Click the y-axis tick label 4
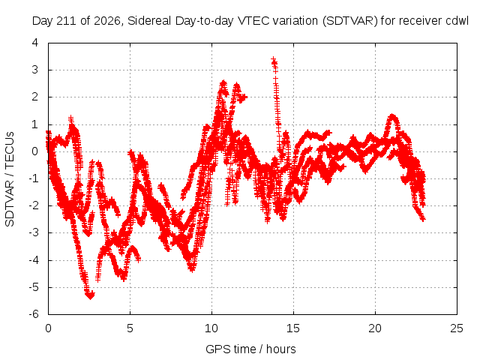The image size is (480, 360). pos(35,43)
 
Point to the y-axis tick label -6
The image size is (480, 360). pos(34,314)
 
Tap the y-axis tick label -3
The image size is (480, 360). pos(34,232)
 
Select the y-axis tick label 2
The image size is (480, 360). pos(35,97)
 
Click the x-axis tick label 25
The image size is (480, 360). pos(457,328)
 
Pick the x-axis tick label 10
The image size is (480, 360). pos(211,328)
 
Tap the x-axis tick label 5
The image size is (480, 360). pos(130,328)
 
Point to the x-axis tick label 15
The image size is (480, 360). pos(293,328)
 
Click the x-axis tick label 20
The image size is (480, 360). pos(375,328)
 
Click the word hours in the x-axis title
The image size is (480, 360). pos(280,349)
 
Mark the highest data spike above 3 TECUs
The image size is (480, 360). pos(273,59)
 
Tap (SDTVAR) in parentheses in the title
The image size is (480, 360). pos(350,21)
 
